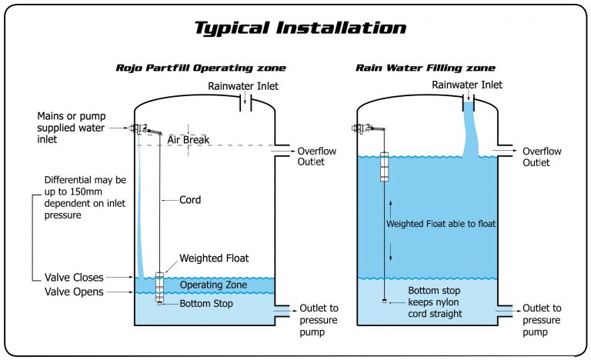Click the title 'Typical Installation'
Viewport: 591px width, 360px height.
click(299, 28)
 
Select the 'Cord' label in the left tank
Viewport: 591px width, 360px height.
click(190, 200)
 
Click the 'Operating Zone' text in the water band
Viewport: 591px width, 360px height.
click(213, 285)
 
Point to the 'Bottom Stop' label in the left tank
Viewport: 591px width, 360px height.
click(206, 304)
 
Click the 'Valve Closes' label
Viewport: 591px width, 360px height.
click(75, 277)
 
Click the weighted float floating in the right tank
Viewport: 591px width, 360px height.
click(385, 167)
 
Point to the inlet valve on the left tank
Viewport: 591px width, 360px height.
click(141, 128)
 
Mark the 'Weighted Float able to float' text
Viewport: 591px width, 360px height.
click(441, 224)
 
